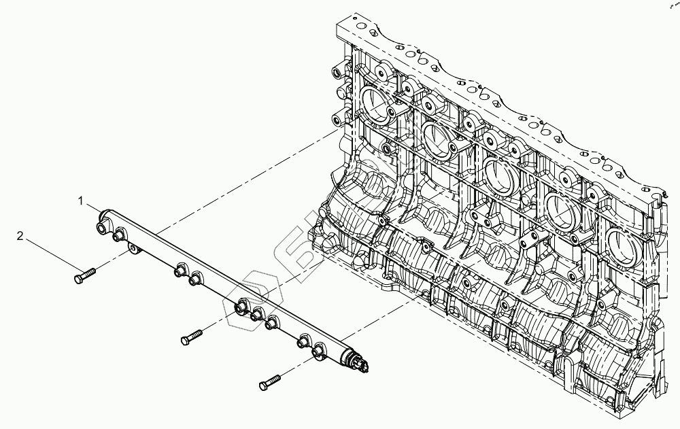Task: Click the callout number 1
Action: coord(80,201)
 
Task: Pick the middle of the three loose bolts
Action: coord(192,336)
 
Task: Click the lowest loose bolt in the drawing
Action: coord(270,383)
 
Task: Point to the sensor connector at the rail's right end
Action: coord(361,366)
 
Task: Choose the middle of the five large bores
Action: coord(500,173)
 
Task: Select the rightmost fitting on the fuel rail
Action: coord(319,351)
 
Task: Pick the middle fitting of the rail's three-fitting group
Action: coord(257,315)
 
